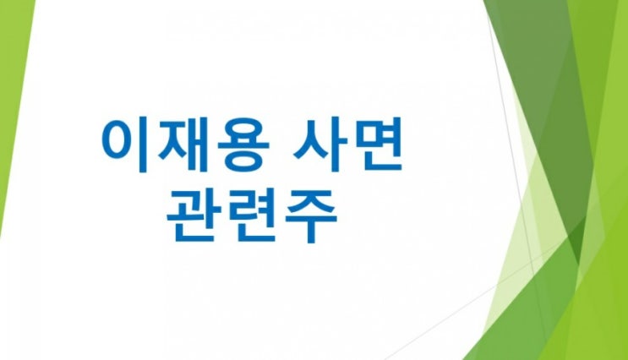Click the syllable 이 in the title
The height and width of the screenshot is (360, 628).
tap(123, 145)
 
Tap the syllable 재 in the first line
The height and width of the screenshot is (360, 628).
tap(183, 145)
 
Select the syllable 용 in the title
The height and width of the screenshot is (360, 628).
tap(243, 145)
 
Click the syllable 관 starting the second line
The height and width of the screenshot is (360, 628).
tap(192, 215)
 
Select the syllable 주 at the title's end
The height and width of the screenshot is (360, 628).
tap(310, 216)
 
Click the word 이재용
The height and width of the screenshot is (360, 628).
tap(185, 145)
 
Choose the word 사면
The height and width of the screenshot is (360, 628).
tap(347, 145)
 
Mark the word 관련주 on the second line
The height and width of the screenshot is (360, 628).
tap(252, 215)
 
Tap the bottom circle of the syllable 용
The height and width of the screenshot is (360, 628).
tap(244, 160)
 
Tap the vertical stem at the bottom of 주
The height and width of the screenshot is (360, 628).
tap(311, 232)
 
